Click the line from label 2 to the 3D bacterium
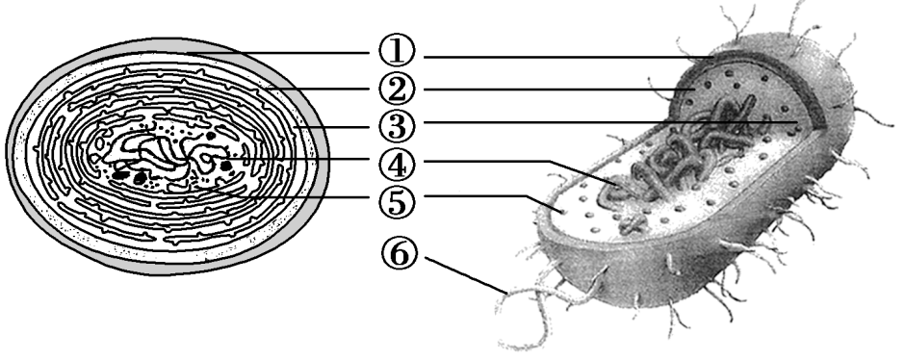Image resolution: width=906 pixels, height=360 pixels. (x=558, y=90)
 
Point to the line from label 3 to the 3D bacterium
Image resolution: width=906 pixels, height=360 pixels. (x=578, y=122)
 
